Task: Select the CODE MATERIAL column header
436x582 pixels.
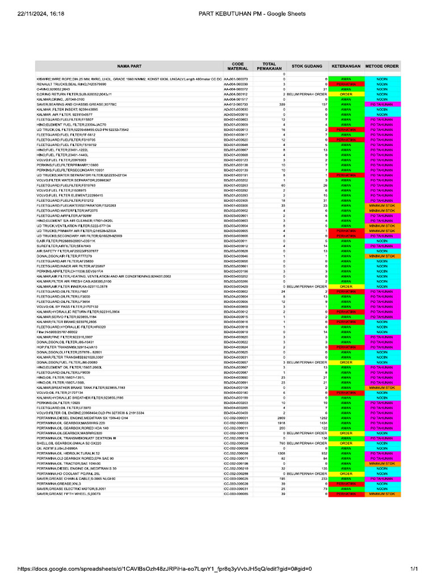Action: click(237, 66)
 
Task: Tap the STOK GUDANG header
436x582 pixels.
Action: click(307, 66)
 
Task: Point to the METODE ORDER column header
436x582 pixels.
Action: click(382, 66)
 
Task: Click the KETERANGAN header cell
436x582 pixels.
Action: click(346, 66)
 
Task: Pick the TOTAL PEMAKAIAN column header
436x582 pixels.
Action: click(270, 66)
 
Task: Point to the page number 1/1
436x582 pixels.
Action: click(413, 569)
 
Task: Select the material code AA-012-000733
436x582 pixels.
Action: click(236, 105)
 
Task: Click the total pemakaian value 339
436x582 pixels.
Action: click(281, 105)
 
